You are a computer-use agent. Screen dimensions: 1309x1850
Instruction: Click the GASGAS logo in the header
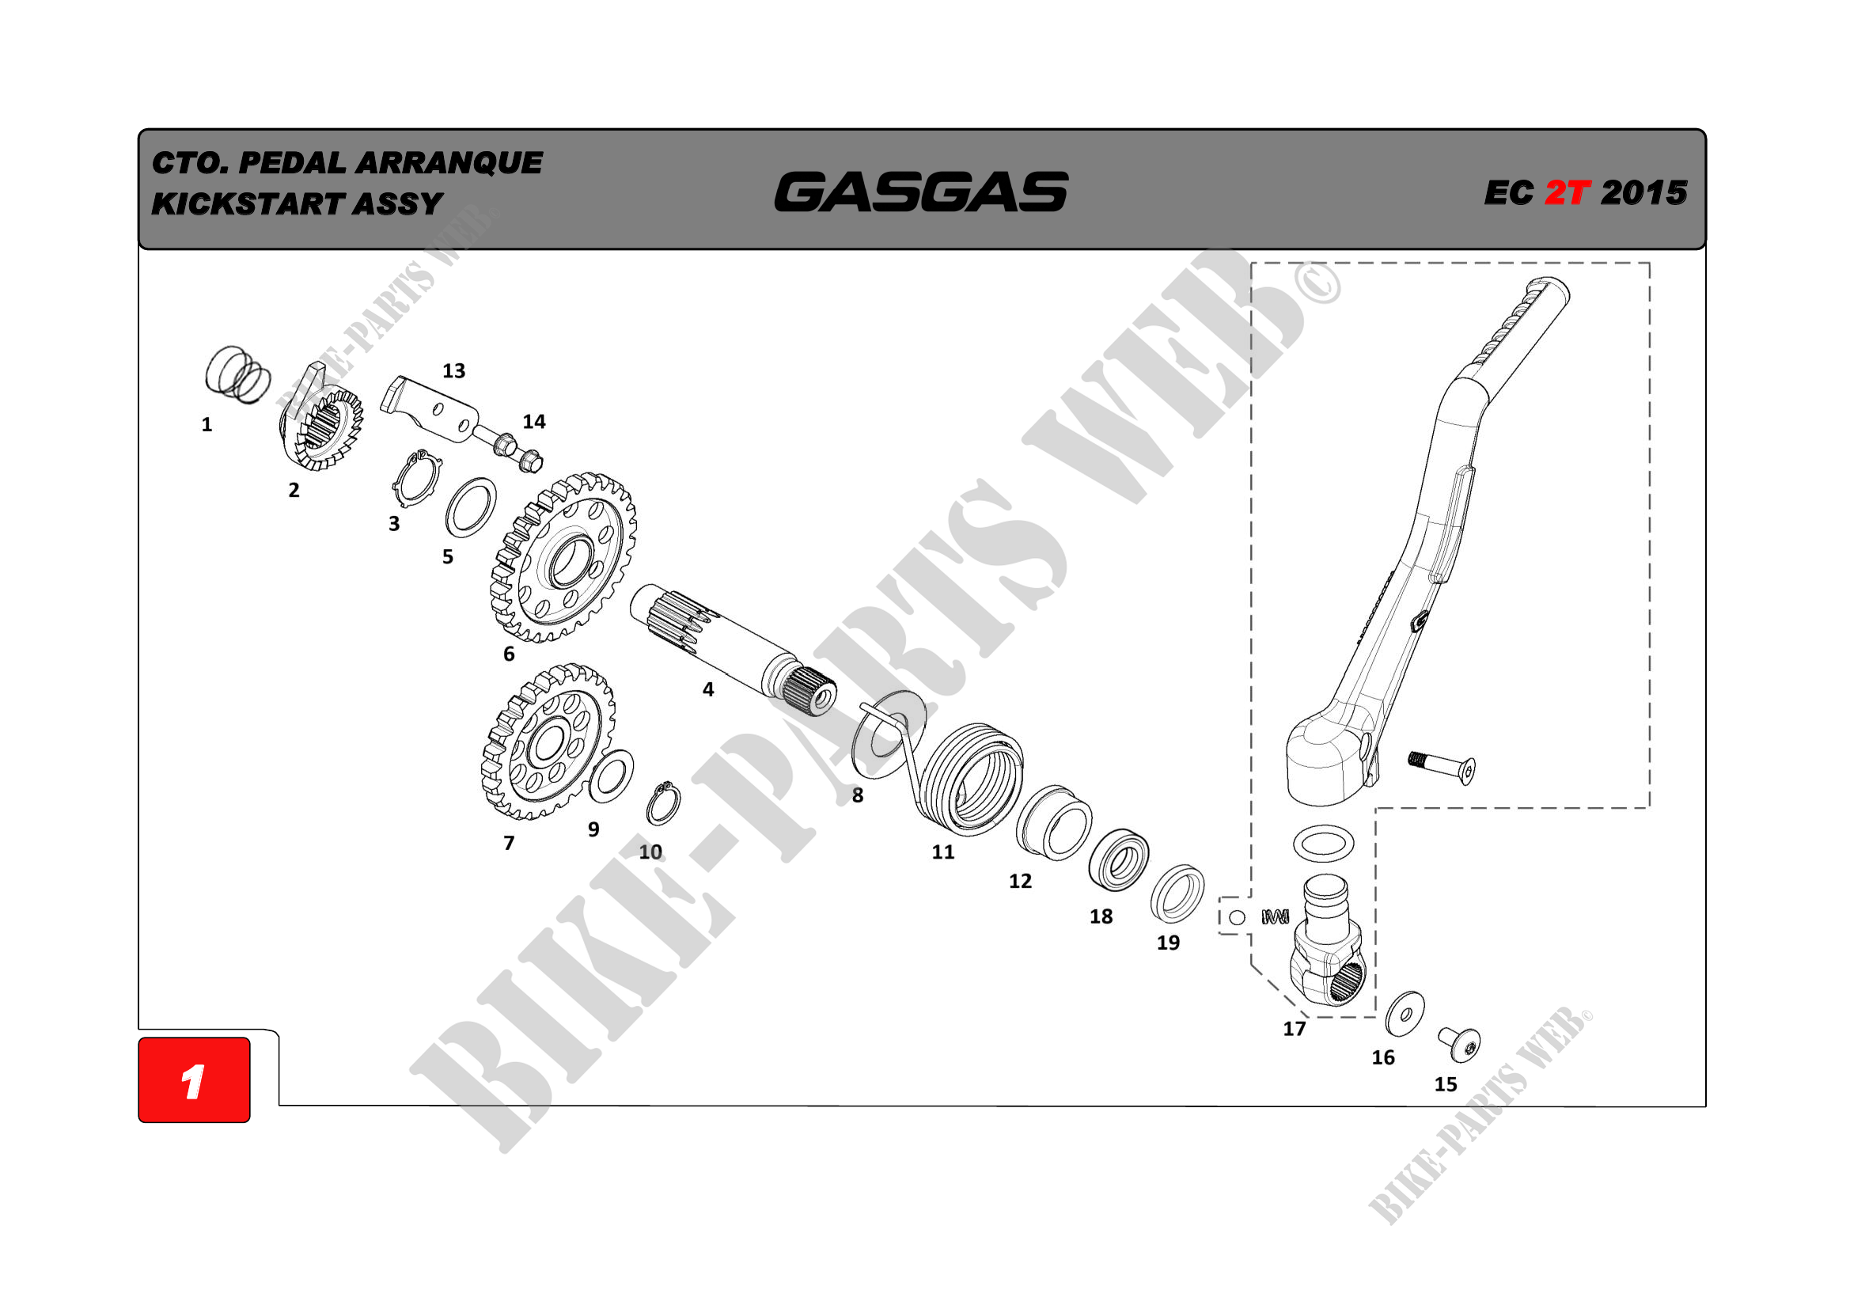pyautogui.click(x=920, y=192)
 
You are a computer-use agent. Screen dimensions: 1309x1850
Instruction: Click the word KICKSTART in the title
pyautogui.click(x=248, y=204)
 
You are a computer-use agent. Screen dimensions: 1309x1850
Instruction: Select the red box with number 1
pyautogui.click(x=194, y=1079)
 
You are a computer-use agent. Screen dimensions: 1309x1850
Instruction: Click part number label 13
pyautogui.click(x=453, y=370)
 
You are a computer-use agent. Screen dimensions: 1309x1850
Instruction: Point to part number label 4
pyautogui.click(x=707, y=689)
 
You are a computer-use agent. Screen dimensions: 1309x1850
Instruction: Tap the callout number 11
pyautogui.click(x=942, y=852)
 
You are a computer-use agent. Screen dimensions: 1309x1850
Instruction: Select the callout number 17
pyautogui.click(x=1294, y=1029)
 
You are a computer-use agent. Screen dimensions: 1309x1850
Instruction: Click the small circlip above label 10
pyautogui.click(x=664, y=803)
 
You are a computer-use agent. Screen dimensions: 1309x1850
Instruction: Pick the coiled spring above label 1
pyautogui.click(x=237, y=375)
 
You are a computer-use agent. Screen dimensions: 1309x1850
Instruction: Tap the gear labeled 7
pyautogui.click(x=548, y=742)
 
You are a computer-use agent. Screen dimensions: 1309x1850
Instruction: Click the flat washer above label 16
pyautogui.click(x=1405, y=1013)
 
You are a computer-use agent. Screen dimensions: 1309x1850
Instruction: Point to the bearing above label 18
pyautogui.click(x=1118, y=860)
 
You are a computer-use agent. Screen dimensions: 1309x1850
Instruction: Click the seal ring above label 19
pyautogui.click(x=1177, y=894)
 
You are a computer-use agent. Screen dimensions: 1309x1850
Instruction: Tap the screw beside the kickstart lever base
pyautogui.click(x=1442, y=766)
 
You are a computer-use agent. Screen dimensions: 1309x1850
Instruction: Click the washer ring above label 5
pyautogui.click(x=472, y=507)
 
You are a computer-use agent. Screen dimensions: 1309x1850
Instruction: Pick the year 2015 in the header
pyautogui.click(x=1643, y=192)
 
